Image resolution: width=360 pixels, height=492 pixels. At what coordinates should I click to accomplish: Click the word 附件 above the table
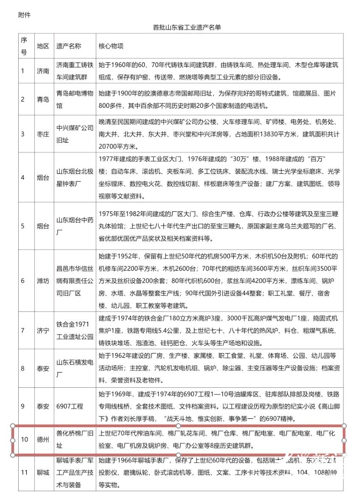click(x=25, y=15)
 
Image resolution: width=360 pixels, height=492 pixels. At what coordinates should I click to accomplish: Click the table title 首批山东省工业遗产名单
click(x=187, y=28)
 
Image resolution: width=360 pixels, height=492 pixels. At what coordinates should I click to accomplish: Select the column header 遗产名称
click(x=69, y=46)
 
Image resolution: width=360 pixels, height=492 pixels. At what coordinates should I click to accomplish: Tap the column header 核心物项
click(x=111, y=46)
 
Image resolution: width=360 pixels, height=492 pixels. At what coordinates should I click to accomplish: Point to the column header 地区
click(x=43, y=46)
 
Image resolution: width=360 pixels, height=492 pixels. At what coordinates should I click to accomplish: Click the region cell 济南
click(x=43, y=71)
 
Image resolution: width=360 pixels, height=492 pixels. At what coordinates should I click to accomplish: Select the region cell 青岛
click(x=43, y=99)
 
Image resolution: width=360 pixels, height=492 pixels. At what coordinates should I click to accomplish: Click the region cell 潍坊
click(x=43, y=281)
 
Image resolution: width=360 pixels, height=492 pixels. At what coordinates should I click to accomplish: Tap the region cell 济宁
click(x=43, y=331)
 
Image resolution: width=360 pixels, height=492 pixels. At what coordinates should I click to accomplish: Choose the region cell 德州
click(x=43, y=440)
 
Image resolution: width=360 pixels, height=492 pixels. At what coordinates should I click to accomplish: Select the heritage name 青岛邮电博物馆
click(x=75, y=99)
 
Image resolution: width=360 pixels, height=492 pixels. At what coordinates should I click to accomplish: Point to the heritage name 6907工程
click(x=69, y=406)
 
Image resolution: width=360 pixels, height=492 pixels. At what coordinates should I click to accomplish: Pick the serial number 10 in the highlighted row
click(x=24, y=440)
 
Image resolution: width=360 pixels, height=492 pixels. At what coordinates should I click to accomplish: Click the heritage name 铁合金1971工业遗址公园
click(x=75, y=331)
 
